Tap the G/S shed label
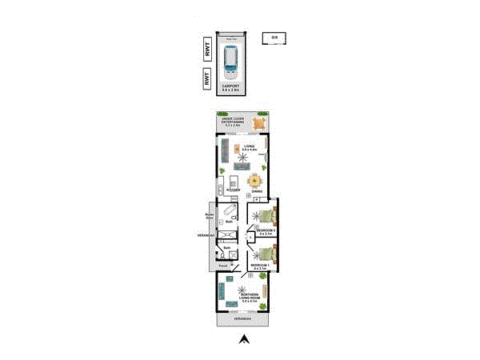274,38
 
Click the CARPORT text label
232,86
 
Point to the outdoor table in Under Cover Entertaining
259,123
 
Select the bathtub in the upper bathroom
231,211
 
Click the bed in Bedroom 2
265,215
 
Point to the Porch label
224,265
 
